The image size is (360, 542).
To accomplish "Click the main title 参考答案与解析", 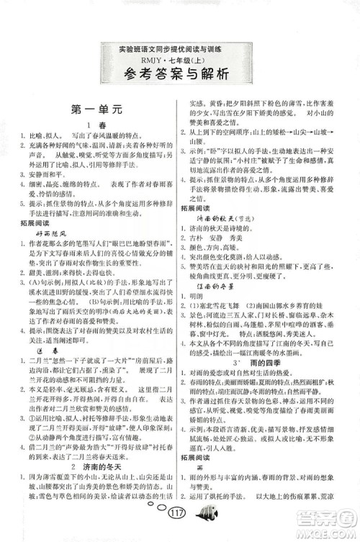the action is point(180,73).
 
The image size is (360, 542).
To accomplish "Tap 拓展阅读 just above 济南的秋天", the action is point(203,207).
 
